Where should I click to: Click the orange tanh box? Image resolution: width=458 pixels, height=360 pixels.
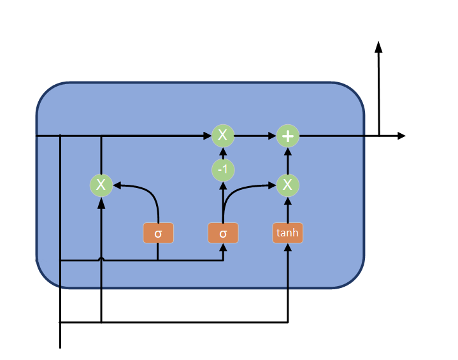[287, 233]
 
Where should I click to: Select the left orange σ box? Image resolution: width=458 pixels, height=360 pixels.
[158, 233]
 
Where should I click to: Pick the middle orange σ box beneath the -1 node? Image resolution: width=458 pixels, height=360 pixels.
[223, 233]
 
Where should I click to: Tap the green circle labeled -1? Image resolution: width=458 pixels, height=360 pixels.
[223, 170]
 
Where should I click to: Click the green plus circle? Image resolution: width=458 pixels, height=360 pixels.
[288, 136]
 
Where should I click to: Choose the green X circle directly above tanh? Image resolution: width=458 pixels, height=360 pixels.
[288, 185]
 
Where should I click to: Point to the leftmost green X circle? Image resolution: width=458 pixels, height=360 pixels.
[101, 185]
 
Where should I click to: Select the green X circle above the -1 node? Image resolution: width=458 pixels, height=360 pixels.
[223, 135]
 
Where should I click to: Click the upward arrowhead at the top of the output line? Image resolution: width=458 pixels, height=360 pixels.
[378, 47]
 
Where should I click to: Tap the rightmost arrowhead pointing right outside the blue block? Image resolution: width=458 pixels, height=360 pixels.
[401, 136]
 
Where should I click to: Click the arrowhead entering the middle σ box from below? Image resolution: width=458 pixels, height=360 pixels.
[223, 248]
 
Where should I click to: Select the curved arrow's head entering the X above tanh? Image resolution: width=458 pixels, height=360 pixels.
[272, 185]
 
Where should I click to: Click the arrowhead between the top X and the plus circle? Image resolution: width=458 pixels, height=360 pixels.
[272, 136]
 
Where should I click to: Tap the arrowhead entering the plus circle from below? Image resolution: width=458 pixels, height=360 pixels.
[288, 152]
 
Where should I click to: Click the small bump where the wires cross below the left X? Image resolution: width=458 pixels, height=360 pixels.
[101, 259]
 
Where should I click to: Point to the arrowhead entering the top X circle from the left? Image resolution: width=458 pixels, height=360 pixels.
[207, 136]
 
